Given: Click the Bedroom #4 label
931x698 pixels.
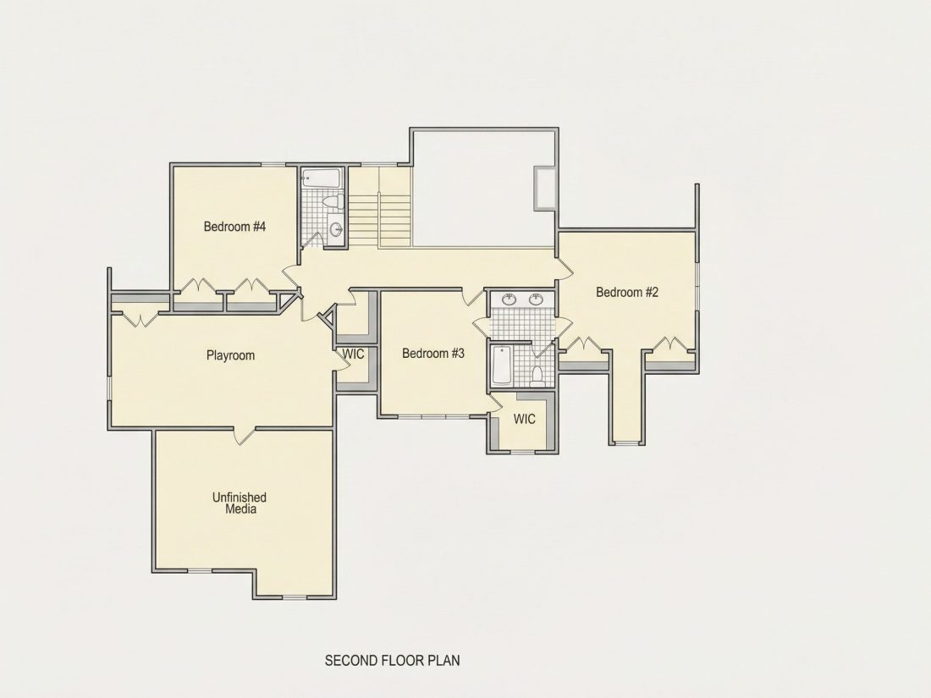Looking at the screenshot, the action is point(234,227).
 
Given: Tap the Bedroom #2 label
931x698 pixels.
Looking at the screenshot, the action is point(627,292).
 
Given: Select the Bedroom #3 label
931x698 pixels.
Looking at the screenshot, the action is point(432,353).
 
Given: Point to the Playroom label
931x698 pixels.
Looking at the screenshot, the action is point(230,355).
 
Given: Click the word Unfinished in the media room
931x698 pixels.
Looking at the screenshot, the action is point(240,497).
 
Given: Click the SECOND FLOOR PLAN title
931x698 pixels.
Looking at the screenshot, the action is point(392,660).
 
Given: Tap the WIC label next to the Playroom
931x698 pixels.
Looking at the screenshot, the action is point(353,354).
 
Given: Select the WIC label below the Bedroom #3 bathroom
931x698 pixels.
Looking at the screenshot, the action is point(524,419).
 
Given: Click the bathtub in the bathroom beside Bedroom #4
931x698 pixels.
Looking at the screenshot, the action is point(322,178).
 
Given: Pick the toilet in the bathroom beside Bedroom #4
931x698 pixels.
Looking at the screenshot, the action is point(332,202).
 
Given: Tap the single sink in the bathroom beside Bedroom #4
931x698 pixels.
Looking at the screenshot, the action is point(335,228).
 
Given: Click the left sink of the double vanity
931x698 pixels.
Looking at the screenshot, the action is point(509,300).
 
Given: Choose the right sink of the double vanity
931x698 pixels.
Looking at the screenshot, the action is point(536,300).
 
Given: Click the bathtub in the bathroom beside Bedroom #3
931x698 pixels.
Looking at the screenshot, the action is point(502,365).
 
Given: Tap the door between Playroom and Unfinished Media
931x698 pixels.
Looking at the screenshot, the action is point(244,435).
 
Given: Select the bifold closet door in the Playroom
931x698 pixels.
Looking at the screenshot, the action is point(140,319).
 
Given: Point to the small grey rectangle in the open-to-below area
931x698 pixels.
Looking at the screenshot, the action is point(545,189).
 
